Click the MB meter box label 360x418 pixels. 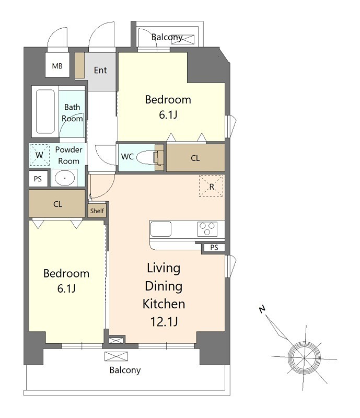57,66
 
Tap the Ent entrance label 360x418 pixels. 100,70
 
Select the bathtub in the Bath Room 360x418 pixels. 45,111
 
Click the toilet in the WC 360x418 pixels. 149,158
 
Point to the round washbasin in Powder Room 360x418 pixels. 65,178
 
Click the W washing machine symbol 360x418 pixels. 40,155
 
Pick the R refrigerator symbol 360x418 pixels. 211,186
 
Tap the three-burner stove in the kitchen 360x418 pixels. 207,229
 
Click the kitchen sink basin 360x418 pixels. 161,229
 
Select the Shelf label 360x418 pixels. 97,211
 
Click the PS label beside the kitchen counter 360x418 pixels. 214,248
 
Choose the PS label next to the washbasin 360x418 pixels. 38,179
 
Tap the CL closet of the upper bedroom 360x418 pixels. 195,158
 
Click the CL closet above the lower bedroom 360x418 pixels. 57,204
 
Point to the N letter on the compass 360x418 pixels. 262,309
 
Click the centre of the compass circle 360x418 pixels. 305,357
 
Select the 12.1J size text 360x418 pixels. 164,321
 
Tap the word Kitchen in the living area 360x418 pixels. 164,304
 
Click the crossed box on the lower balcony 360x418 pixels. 116,356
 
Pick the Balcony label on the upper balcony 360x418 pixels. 167,37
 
